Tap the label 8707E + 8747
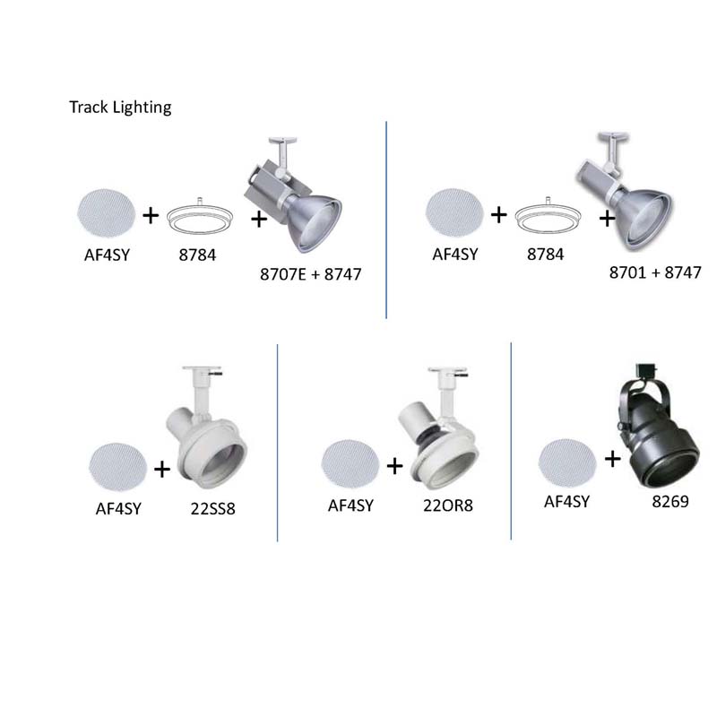point(310,274)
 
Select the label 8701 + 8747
point(655,272)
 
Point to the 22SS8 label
point(212,508)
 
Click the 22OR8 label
point(447,505)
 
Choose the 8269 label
point(669,502)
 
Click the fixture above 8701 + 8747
point(623,191)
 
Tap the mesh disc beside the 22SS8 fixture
point(118,466)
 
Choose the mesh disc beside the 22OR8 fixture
point(350,463)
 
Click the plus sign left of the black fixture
point(612,459)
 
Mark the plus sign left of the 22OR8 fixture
point(394,466)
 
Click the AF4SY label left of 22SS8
point(118,509)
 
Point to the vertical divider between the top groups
point(386,220)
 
